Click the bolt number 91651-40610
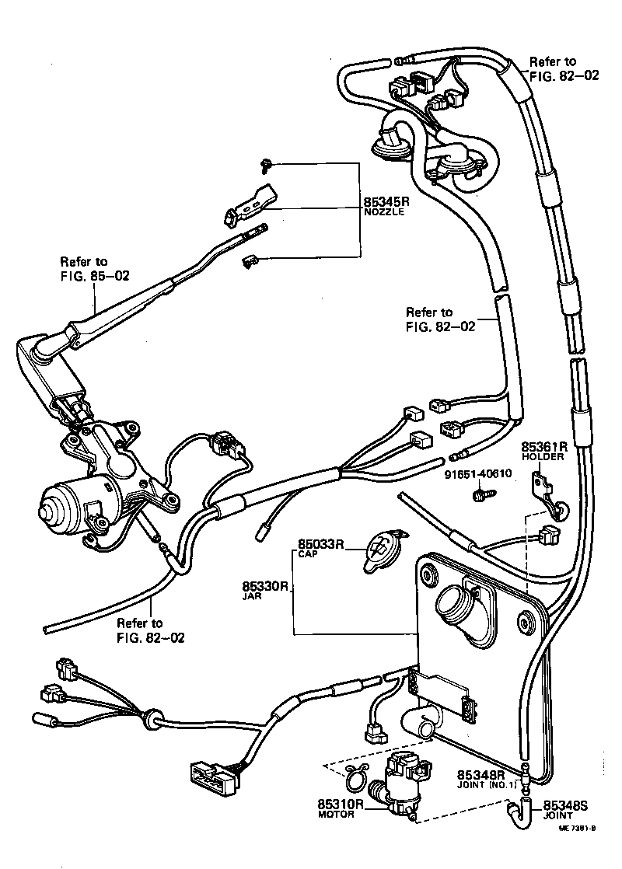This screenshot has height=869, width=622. click(478, 475)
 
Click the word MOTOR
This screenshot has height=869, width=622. click(337, 815)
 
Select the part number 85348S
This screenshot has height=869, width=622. click(565, 806)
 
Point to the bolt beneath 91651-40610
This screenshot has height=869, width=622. click(480, 492)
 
